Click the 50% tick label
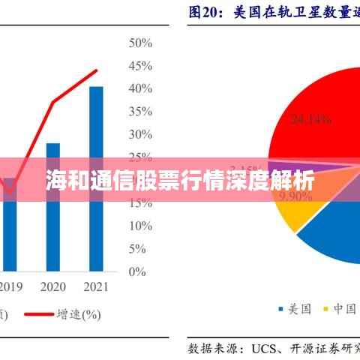(142, 43)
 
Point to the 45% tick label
(142, 66)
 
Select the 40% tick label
(142, 88)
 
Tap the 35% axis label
(142, 112)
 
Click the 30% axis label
(142, 134)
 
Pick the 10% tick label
(142, 226)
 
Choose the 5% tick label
(139, 248)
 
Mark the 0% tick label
(139, 271)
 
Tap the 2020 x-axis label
(52, 287)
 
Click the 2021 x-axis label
(95, 287)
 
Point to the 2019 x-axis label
(10, 287)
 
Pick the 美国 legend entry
(295, 308)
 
